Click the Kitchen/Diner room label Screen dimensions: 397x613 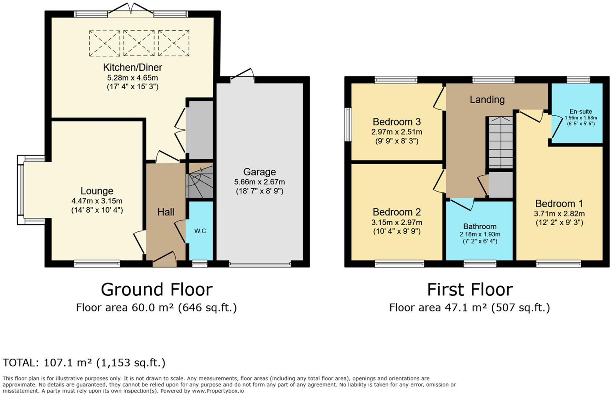coord(132,67)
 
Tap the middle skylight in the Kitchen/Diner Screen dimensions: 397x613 coord(139,43)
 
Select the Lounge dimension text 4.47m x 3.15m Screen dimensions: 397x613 coord(97,201)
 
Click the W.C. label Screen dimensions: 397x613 coord(201,231)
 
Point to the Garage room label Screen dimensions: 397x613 coord(259,172)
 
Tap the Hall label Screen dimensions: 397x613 coord(166,212)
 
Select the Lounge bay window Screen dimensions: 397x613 coord(21,190)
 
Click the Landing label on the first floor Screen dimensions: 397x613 coord(487,99)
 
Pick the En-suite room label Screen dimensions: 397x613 coord(581,111)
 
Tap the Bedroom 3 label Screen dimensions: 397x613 coord(396,122)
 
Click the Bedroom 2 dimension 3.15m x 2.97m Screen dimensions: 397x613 coord(396,223)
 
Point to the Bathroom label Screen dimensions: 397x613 coord(479,226)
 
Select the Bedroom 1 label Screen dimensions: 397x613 coord(559,204)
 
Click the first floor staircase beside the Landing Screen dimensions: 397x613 coord(500,142)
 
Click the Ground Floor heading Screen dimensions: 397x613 coord(156,289)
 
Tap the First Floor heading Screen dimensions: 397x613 coord(470,289)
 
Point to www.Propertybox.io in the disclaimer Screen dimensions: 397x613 coord(218,391)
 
